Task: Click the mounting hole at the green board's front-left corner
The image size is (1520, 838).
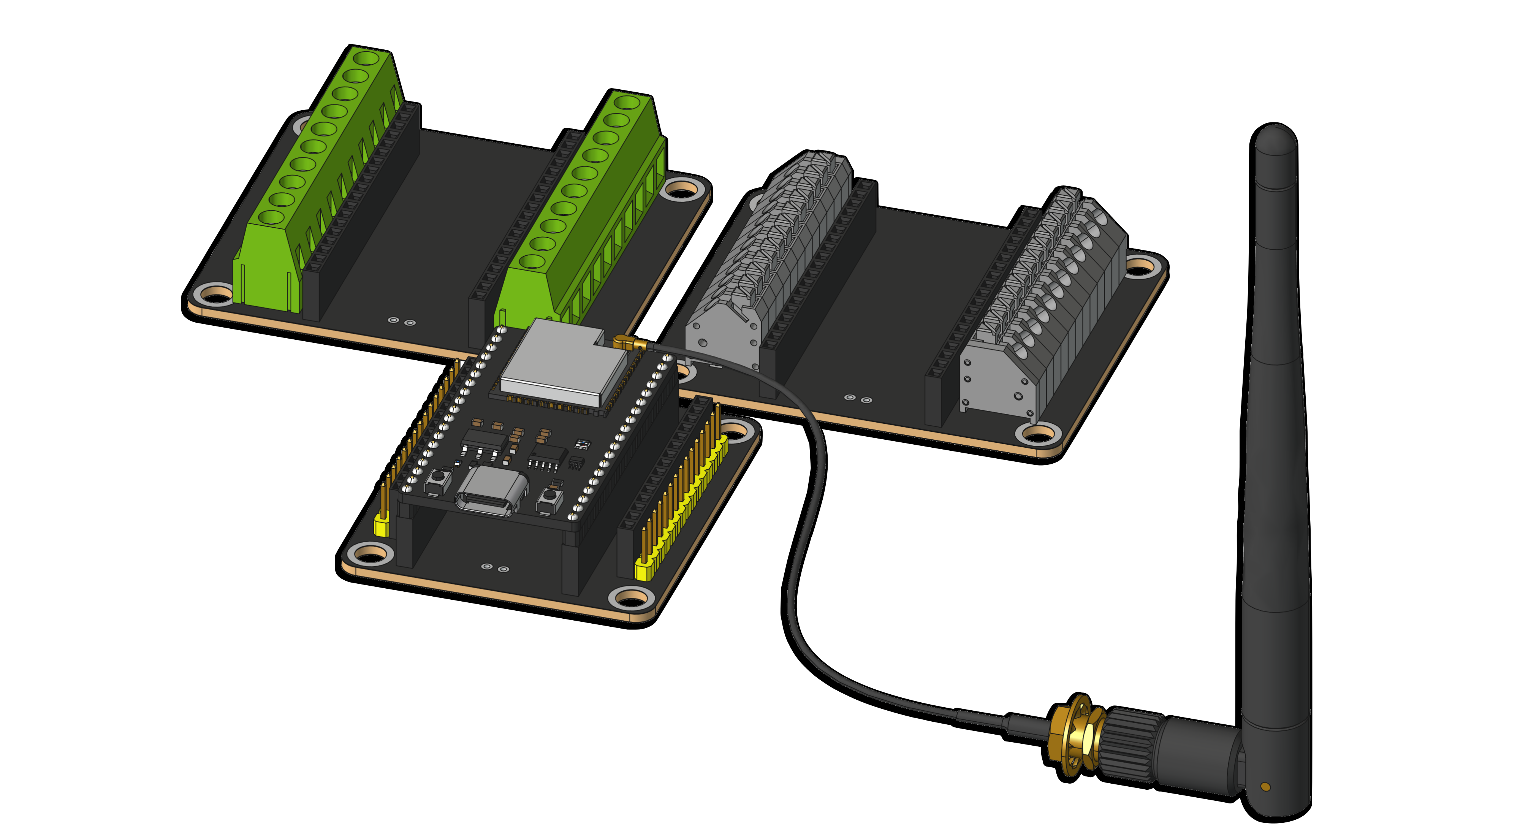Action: point(215,293)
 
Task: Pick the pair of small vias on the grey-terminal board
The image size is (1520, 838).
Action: point(857,399)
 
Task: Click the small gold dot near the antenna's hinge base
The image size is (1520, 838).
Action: point(1265,786)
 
